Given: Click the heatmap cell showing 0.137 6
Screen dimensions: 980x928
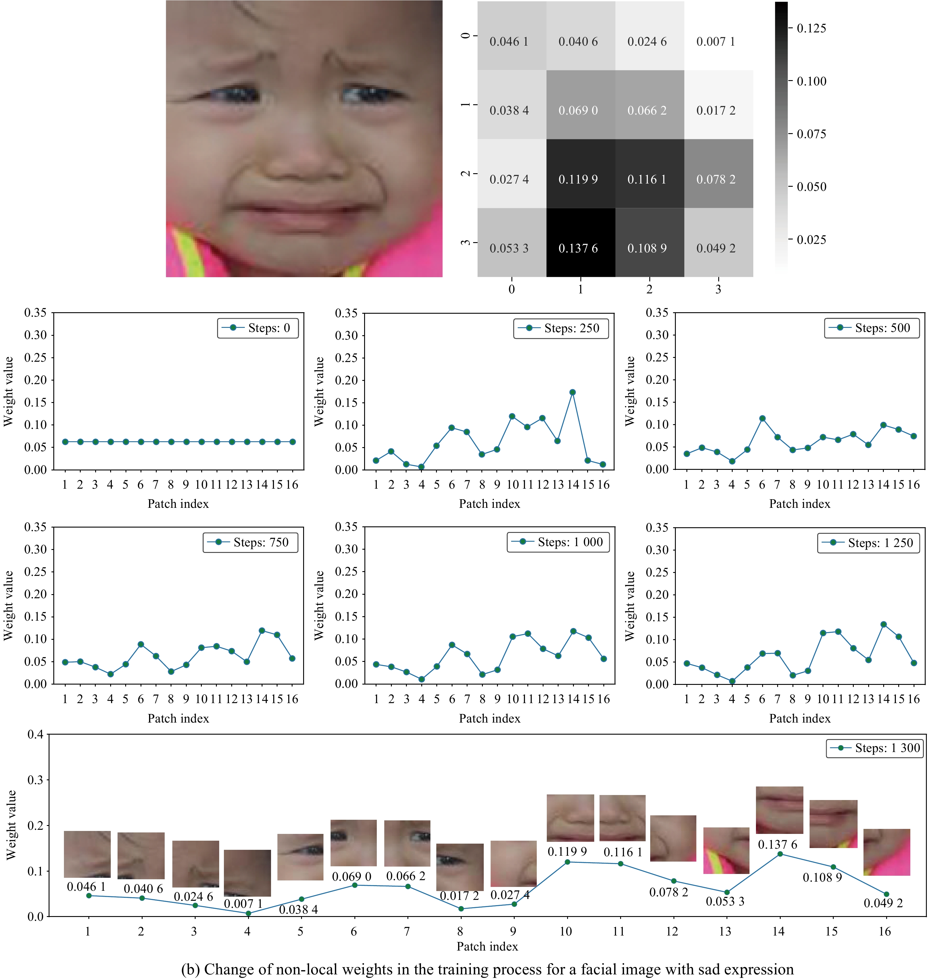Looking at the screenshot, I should (580, 242).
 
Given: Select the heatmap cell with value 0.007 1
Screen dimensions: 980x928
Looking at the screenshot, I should (718, 36).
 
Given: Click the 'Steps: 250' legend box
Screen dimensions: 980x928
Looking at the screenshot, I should (561, 328).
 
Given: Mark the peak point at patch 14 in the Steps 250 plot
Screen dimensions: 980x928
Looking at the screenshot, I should (572, 392).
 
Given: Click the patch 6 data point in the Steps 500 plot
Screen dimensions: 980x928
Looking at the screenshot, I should (762, 419).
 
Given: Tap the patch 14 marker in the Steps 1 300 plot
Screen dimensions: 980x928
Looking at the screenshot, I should (780, 854).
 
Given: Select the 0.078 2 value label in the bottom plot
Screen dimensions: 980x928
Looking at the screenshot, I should (668, 893).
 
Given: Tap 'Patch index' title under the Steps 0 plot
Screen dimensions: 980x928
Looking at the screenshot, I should (178, 504).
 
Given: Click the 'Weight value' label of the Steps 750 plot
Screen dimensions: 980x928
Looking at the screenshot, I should (9, 606).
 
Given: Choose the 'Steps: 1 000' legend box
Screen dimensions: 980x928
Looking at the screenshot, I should (558, 542).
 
